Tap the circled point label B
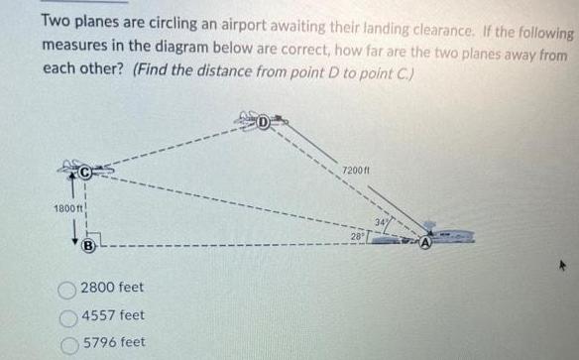88,244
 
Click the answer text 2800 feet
112,288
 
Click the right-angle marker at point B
103,234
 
